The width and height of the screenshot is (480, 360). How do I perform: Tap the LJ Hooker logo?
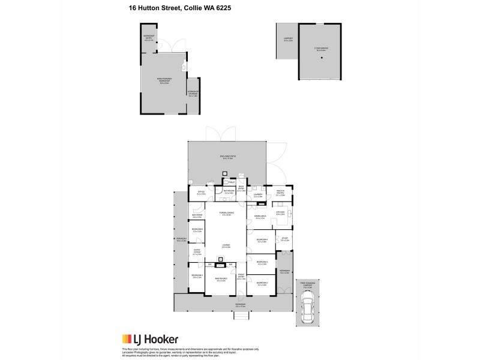(x=150, y=339)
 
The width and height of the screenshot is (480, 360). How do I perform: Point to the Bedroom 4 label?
(x=261, y=241)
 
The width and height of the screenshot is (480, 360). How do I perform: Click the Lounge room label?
(x=226, y=246)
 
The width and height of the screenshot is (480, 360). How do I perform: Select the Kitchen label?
(x=280, y=213)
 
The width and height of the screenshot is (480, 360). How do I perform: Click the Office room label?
(x=201, y=193)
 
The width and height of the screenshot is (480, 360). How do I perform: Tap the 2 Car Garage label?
(x=320, y=50)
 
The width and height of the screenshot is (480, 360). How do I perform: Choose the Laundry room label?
(x=258, y=195)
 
